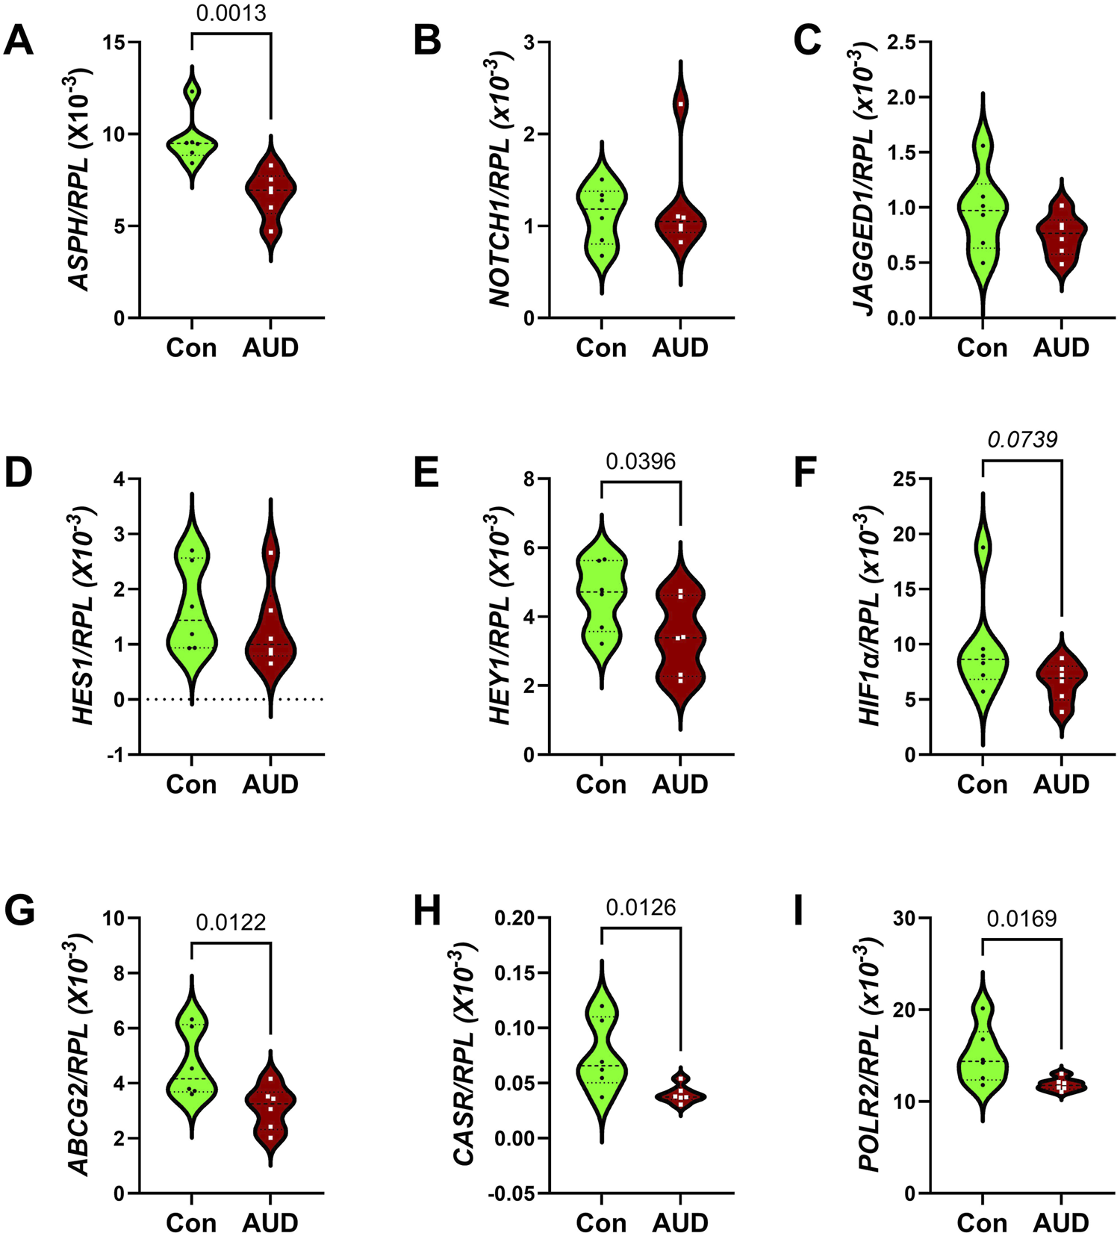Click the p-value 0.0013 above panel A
point(231,13)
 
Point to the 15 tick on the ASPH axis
point(113,43)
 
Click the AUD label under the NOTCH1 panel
point(680,347)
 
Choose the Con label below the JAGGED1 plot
point(982,347)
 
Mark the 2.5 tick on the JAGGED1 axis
point(901,43)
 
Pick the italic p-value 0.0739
point(1022,440)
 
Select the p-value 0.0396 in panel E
point(641,462)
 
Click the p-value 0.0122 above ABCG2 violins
point(231,923)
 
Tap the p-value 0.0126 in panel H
point(641,907)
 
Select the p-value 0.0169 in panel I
point(1022,919)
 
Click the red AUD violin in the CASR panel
point(680,1096)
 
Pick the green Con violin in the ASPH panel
point(192,146)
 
